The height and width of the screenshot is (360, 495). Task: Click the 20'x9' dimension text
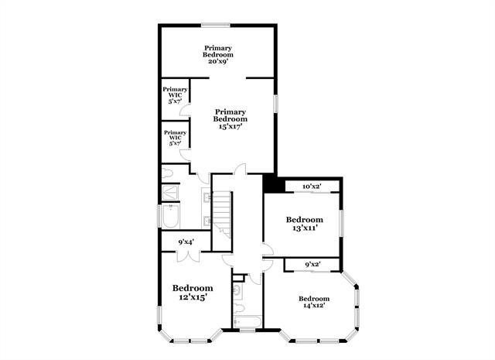point(218,61)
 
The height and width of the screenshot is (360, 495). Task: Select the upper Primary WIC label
point(174,98)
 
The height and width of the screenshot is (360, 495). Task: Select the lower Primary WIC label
point(174,142)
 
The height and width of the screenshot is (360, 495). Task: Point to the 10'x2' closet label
point(311,187)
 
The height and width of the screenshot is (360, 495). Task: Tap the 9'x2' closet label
point(312,265)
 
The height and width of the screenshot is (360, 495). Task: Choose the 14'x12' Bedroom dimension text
point(314,307)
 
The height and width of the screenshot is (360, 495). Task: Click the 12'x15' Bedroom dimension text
point(192,297)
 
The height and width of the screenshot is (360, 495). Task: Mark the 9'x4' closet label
point(186,242)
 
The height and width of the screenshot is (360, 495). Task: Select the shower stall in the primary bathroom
point(171,191)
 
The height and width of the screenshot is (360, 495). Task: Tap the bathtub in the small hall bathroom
point(247,322)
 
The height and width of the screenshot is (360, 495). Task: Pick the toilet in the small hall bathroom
point(239,292)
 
